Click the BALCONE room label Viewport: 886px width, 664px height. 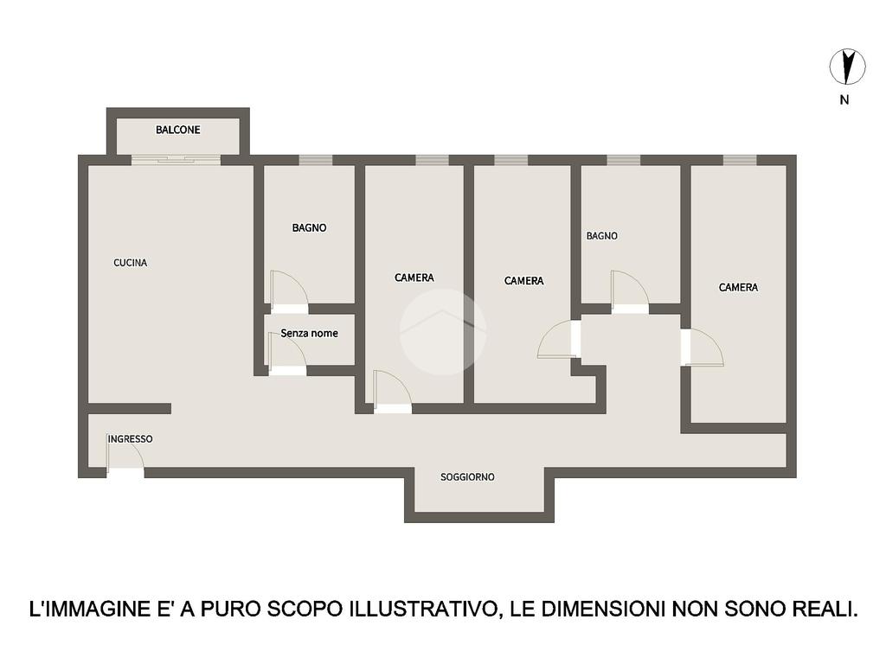click(x=178, y=130)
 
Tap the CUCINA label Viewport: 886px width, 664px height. click(x=131, y=263)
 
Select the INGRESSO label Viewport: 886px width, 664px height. click(x=131, y=438)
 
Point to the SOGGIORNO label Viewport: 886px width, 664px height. click(x=467, y=477)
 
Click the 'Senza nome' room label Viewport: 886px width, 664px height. click(x=309, y=333)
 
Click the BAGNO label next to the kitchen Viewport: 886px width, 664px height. click(x=309, y=227)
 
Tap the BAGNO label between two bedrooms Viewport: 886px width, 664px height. click(x=602, y=236)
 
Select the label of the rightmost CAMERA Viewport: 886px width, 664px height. click(x=738, y=287)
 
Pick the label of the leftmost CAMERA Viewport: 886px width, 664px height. click(x=414, y=278)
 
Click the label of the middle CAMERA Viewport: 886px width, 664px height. click(x=523, y=281)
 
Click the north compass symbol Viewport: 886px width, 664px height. click(x=847, y=67)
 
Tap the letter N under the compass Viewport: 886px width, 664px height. click(x=844, y=100)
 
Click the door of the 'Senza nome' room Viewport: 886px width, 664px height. click(x=287, y=354)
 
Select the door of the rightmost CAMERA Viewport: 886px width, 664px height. click(x=703, y=348)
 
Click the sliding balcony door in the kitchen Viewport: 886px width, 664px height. click(x=177, y=160)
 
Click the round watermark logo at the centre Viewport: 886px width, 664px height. click(x=443, y=332)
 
